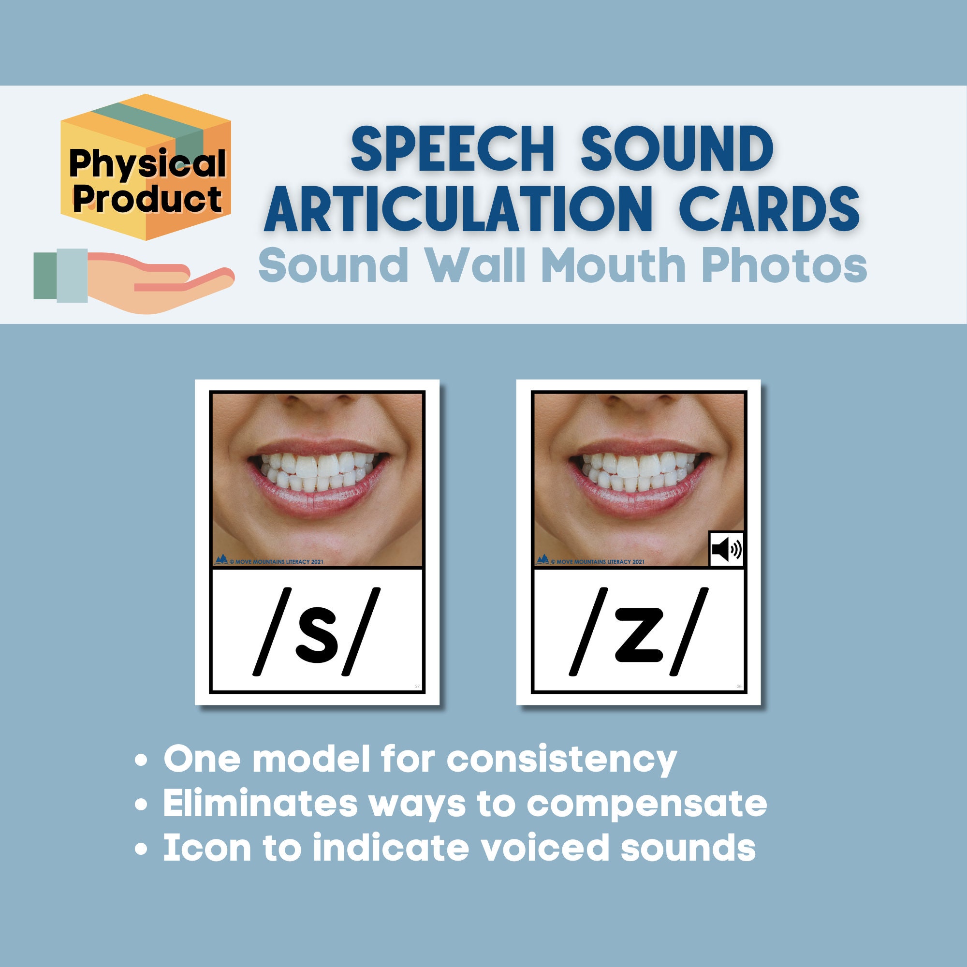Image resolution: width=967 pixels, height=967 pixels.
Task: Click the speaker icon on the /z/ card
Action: coord(727,550)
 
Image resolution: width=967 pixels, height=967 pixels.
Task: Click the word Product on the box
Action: coord(147,199)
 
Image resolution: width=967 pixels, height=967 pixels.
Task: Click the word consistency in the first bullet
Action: coord(561,760)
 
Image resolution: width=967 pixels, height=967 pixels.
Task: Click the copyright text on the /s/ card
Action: coord(276,561)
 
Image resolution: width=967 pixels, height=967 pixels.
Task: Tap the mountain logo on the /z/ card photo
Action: coord(542,559)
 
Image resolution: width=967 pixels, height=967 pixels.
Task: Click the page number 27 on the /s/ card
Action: coord(417,686)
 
